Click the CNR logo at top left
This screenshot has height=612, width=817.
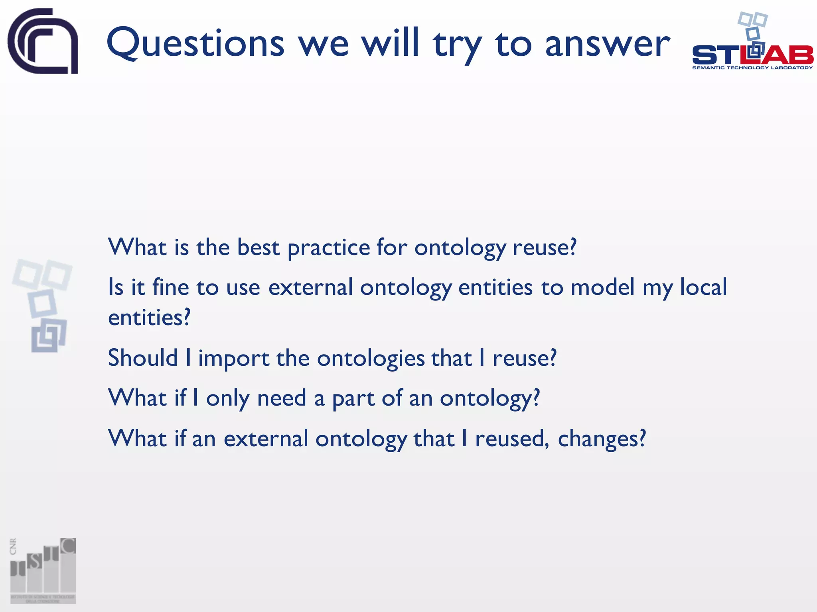point(43,41)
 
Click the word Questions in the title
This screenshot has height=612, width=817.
point(195,43)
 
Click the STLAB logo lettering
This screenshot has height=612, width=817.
point(752,55)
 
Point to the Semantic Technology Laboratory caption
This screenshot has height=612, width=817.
point(752,68)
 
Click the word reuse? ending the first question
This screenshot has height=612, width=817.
point(544,247)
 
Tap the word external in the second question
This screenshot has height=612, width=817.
point(310,287)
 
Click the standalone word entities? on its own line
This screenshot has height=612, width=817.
point(149,318)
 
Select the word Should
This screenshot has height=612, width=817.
point(143,357)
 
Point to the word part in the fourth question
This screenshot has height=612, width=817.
point(353,398)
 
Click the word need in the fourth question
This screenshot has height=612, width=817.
point(282,398)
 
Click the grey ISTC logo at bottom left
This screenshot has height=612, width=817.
point(43,571)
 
